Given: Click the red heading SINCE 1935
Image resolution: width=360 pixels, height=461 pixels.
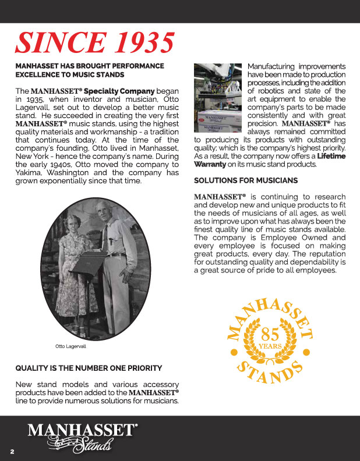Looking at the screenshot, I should (x=95, y=43).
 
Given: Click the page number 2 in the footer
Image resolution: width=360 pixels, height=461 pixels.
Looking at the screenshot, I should (x=11, y=452).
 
